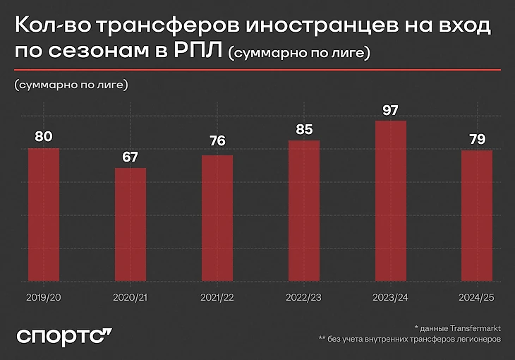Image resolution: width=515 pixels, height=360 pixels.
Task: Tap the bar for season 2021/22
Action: coord(217,220)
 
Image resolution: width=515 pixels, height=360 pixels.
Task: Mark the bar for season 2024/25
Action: coord(478,217)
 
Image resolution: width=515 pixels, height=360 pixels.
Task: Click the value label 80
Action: coord(44,136)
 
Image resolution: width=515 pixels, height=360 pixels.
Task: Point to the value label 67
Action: coord(131,156)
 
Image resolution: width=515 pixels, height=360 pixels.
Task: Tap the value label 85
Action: coord(304,129)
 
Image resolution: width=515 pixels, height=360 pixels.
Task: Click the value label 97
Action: coord(391,110)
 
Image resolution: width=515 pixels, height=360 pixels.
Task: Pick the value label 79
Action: coord(478,139)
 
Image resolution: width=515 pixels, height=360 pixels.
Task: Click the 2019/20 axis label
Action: coord(44,299)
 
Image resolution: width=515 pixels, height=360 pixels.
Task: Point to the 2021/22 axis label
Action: coord(217,299)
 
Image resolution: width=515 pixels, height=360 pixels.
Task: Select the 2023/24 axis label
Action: coord(391,299)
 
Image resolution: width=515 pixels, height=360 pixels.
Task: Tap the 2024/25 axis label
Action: coord(478,299)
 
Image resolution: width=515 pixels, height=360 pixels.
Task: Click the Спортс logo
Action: coord(63,335)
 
